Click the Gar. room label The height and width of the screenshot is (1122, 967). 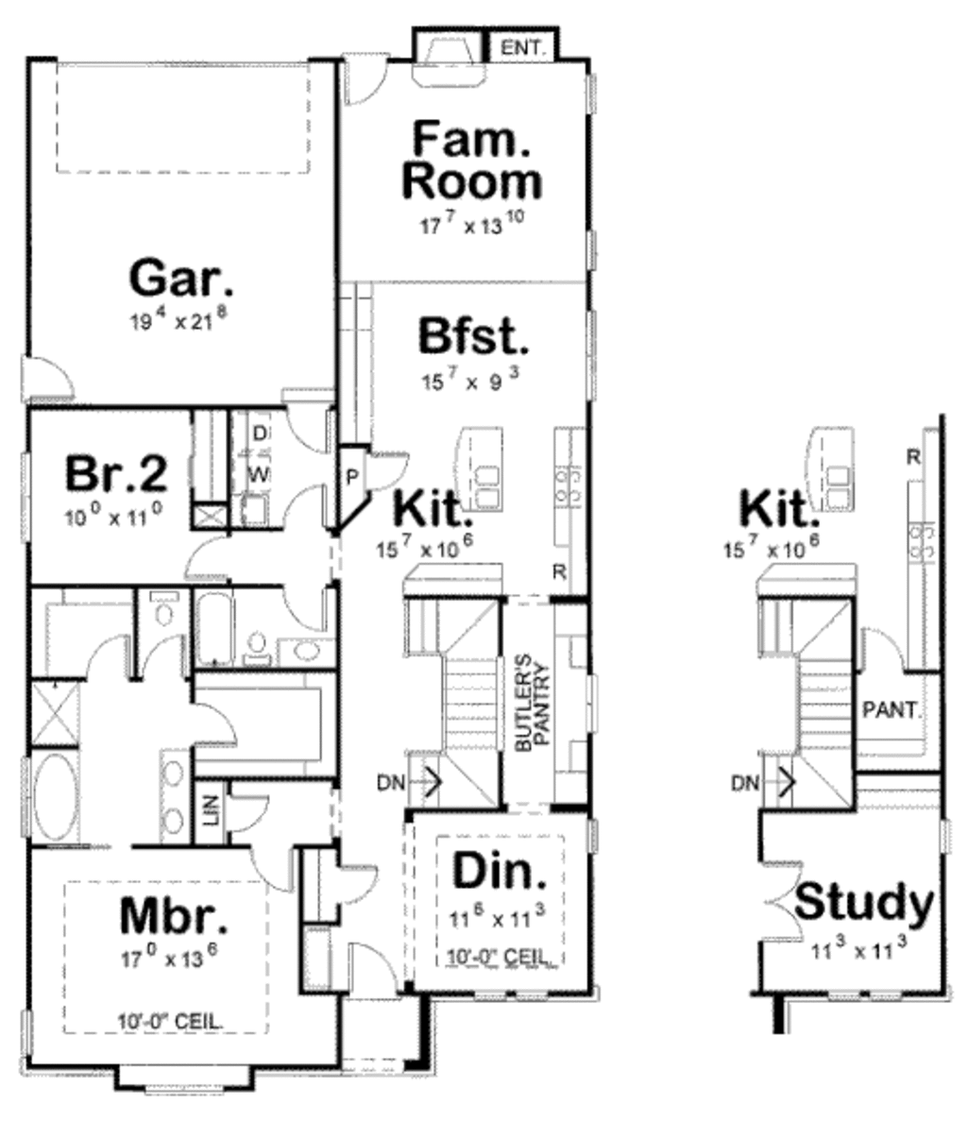click(179, 280)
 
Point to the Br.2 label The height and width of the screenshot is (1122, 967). click(116, 473)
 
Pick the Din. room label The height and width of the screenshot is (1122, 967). click(499, 873)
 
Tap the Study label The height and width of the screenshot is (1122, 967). click(863, 903)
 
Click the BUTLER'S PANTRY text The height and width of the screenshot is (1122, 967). click(532, 703)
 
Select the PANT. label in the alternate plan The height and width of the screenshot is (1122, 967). click(891, 710)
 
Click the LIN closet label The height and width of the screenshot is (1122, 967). click(211, 807)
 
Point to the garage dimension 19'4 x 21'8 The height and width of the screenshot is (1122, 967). click(178, 320)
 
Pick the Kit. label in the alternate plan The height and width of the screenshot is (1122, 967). click(776, 510)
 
